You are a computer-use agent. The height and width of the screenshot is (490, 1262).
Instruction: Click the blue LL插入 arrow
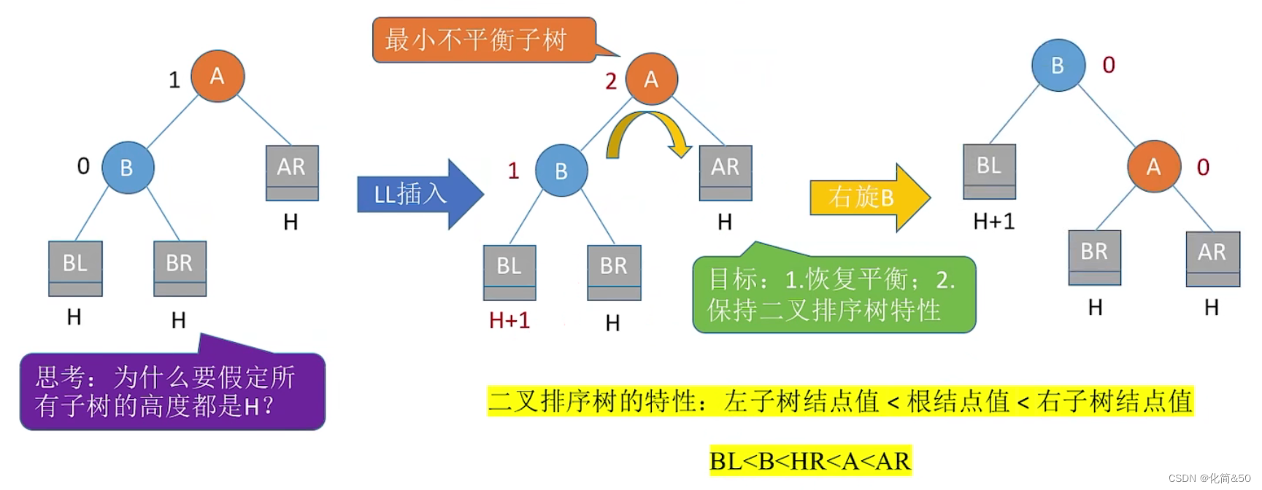416,194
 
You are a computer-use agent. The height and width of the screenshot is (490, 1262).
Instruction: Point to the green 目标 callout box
833,295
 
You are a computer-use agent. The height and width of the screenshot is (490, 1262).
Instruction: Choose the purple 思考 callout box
172,392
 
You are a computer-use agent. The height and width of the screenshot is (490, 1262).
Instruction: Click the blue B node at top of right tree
1058,66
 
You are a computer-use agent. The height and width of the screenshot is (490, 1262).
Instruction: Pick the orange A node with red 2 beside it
651,79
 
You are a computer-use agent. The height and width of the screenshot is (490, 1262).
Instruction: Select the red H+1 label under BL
509,320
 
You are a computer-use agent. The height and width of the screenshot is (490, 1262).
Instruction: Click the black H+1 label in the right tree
993,221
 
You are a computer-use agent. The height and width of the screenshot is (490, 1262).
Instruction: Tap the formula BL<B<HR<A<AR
810,462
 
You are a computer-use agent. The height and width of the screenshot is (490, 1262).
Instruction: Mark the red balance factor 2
611,81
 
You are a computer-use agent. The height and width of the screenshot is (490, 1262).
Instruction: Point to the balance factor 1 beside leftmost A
174,79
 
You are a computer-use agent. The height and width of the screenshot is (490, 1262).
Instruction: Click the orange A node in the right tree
1153,167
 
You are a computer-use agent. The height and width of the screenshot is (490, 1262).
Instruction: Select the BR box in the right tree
1094,257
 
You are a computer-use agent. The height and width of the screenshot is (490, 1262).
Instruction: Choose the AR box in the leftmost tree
291,172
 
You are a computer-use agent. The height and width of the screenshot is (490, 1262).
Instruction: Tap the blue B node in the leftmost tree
127,168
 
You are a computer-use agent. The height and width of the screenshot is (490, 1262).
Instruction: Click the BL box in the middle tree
509,271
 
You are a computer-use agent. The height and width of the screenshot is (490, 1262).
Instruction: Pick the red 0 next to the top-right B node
1109,65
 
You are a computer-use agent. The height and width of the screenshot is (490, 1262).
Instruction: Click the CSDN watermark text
1209,478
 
